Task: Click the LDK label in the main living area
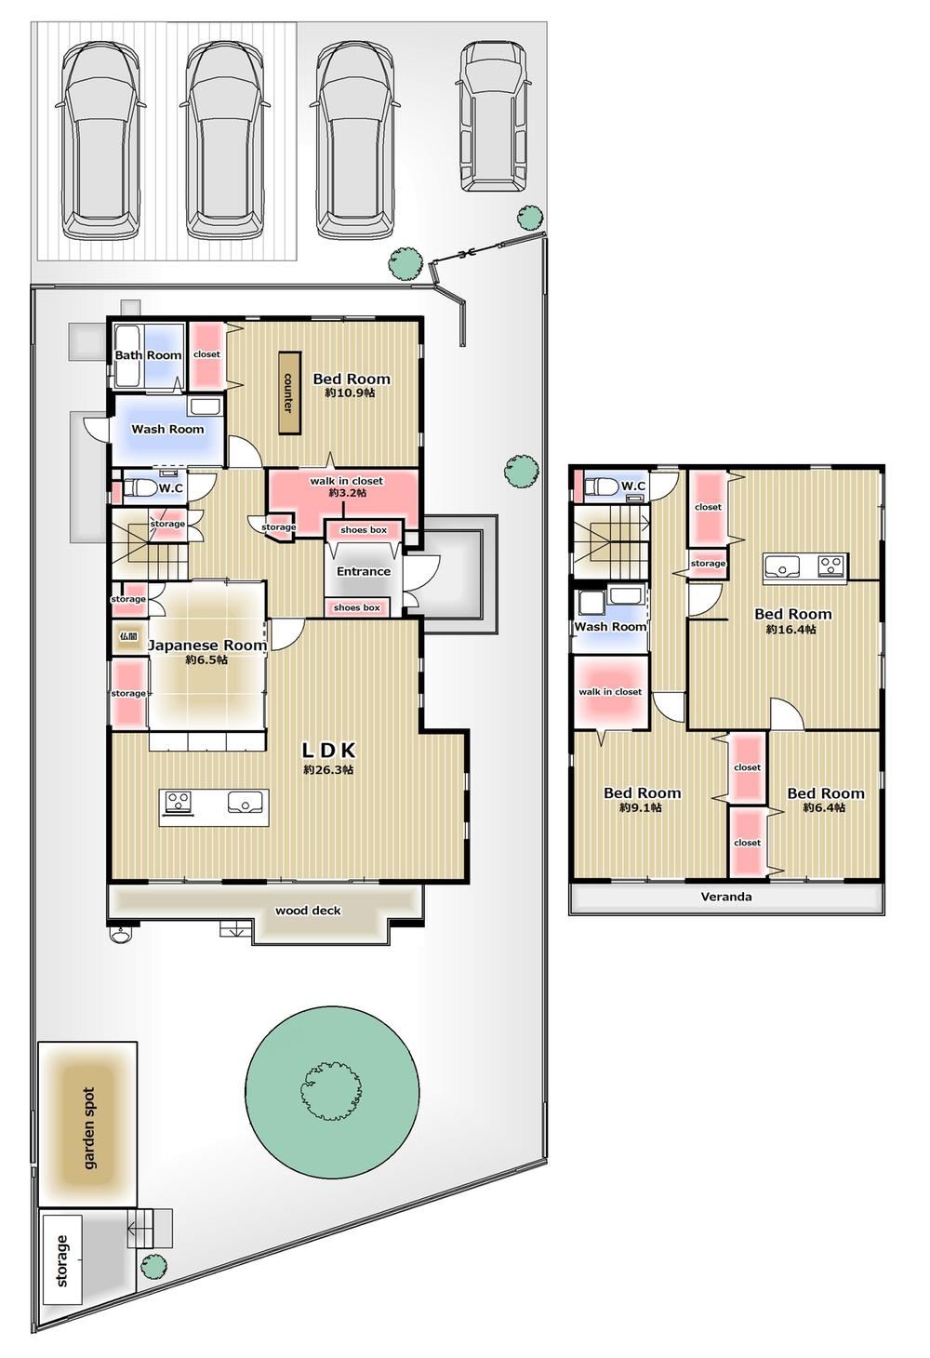click(328, 751)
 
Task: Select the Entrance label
click(363, 571)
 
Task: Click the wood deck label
click(308, 910)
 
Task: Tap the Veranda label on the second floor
click(726, 896)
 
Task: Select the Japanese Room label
click(207, 646)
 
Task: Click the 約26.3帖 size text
click(328, 770)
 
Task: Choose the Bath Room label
click(149, 354)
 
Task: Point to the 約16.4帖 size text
click(790, 630)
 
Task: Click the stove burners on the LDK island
click(179, 802)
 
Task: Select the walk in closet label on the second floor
click(610, 692)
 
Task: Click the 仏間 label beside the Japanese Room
click(128, 636)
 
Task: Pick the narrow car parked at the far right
click(491, 118)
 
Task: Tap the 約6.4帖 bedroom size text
click(825, 807)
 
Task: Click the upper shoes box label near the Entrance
click(363, 530)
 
